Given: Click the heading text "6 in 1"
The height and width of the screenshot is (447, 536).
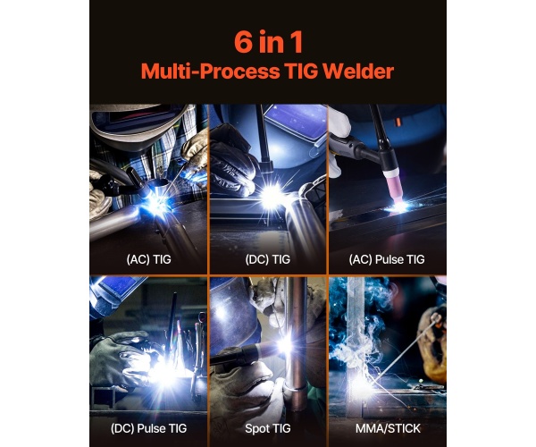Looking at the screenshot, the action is pyautogui.click(x=268, y=42).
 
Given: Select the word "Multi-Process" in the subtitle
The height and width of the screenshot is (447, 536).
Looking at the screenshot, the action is pyautogui.click(x=210, y=72).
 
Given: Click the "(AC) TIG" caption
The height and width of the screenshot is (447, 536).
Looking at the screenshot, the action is pyautogui.click(x=148, y=259).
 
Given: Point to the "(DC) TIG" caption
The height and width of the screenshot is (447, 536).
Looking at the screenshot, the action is pyautogui.click(x=268, y=259).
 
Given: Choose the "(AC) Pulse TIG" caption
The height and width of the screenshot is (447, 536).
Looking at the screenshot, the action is pyautogui.click(x=387, y=259).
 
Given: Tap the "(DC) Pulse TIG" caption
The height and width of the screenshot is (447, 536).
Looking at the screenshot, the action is pyautogui.click(x=148, y=428).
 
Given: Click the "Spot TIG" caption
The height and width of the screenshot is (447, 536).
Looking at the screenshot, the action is pyautogui.click(x=268, y=428).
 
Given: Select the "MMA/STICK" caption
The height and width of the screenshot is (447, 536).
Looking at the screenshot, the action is pyautogui.click(x=388, y=428).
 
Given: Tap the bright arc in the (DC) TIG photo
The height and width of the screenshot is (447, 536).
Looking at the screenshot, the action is pyautogui.click(x=271, y=196).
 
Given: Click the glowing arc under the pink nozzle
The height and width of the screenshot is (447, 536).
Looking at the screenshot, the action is pyautogui.click(x=399, y=207).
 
